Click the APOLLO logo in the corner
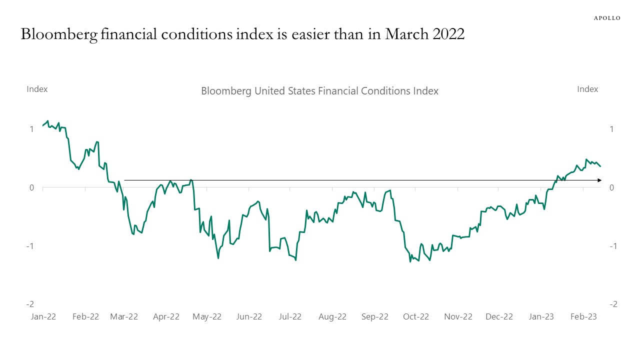[x=607, y=18]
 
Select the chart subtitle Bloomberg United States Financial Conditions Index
[x=319, y=91]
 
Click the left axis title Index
[x=37, y=89]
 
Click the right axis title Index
[x=587, y=89]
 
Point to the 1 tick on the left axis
[x=31, y=129]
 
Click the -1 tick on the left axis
[x=30, y=246]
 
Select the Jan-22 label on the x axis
[x=43, y=316]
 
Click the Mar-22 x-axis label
[x=124, y=316]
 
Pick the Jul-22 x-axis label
[x=290, y=316]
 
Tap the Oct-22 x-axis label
[x=416, y=316]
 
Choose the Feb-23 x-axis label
[x=584, y=316]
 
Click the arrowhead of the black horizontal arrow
[x=599, y=180]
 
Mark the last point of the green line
[x=600, y=166]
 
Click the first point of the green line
[x=43, y=125]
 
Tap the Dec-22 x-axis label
[x=499, y=316]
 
